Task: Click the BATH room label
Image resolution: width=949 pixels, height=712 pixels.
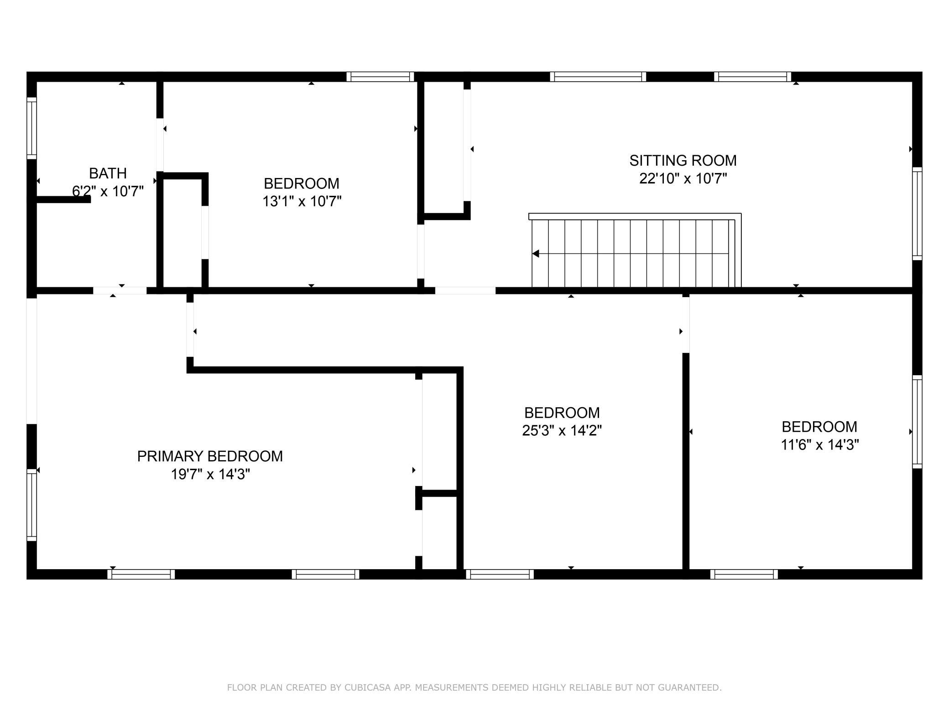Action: [x=108, y=173]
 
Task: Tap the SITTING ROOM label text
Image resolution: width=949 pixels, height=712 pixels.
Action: [x=683, y=161]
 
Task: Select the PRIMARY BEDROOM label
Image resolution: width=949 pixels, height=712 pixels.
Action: [x=210, y=456]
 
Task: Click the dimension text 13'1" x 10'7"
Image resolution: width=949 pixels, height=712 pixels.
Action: [x=302, y=201]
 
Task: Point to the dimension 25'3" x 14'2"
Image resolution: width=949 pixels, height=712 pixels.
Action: [x=562, y=430]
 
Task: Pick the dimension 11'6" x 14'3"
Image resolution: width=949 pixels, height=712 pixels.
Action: [x=819, y=445]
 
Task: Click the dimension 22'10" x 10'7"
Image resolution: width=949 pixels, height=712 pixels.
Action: [x=683, y=178]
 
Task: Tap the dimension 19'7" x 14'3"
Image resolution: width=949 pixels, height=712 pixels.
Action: [x=210, y=474]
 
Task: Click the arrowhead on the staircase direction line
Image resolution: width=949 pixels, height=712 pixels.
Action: [x=536, y=253]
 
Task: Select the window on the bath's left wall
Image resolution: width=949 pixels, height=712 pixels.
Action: [x=31, y=128]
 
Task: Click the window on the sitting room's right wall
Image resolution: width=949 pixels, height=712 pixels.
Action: [x=917, y=214]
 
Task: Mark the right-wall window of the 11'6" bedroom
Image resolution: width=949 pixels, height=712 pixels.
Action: [x=917, y=422]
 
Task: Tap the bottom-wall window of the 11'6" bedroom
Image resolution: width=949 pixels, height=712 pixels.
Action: [x=744, y=574]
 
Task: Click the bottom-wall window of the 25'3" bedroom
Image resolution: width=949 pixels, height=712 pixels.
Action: [x=500, y=574]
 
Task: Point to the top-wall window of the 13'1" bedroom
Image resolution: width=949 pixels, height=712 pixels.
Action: [x=380, y=77]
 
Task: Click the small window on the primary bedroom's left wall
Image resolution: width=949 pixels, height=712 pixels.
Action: [x=31, y=505]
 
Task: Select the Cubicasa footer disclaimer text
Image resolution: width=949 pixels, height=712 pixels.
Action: [x=474, y=687]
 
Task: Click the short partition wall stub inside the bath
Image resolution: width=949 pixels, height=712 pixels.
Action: [x=63, y=199]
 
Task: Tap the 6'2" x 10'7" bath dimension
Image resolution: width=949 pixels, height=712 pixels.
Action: [x=108, y=191]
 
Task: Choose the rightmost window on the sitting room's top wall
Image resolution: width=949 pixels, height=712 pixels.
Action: [x=752, y=77]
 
